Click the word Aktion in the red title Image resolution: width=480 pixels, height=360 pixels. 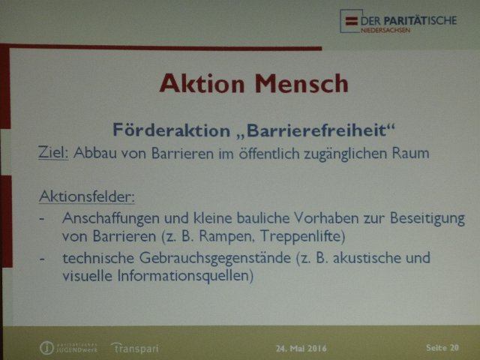(202, 83)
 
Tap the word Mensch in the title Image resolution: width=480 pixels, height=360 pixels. (301, 83)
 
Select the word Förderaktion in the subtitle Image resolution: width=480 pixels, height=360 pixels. (172, 130)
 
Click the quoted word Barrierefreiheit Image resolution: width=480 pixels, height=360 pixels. (316, 130)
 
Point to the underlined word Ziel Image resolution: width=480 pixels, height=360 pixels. (53, 152)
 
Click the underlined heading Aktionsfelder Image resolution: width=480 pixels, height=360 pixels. (87, 196)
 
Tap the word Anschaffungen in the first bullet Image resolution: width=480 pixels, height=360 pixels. (111, 218)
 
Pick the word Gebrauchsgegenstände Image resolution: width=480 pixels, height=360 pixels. (215, 258)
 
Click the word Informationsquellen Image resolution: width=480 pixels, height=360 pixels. (185, 276)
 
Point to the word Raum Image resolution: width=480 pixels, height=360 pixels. (410, 153)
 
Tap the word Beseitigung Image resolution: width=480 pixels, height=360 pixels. (427, 218)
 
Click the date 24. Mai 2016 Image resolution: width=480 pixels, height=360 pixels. (301, 348)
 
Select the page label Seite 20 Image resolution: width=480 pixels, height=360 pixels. (442, 347)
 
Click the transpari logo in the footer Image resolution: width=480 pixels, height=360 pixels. (135, 348)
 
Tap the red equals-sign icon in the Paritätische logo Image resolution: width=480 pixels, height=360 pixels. (352, 21)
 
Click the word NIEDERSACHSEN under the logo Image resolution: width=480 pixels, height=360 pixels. (385, 30)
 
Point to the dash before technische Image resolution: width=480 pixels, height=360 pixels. (42, 259)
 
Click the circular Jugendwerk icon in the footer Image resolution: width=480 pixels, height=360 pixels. (46, 348)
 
